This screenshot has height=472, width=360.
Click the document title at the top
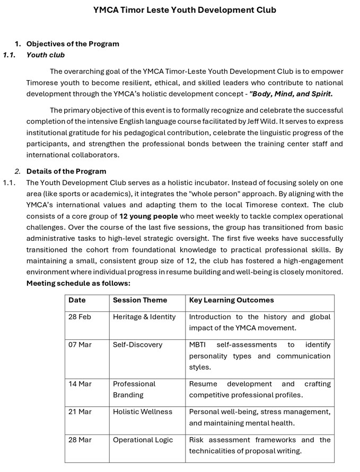185,10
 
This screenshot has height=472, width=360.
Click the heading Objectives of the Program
73,43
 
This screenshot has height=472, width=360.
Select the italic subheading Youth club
46,55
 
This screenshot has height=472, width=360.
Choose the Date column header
77,300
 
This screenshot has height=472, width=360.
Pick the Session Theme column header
140,300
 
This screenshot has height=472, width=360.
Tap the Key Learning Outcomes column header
232,300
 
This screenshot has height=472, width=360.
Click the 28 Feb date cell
80,317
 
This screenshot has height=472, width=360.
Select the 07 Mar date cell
80,345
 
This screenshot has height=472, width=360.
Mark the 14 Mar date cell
80,384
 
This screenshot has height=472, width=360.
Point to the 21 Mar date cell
80,412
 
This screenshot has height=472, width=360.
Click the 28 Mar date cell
80,440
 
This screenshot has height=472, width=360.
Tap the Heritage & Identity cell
144,317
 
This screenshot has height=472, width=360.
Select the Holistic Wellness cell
143,412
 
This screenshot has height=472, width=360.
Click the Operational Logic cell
143,440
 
